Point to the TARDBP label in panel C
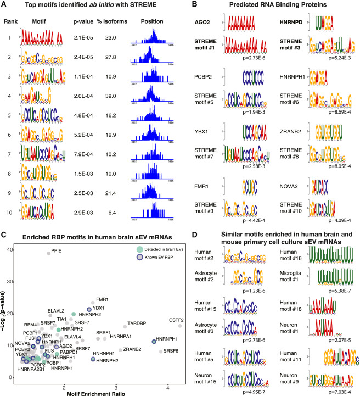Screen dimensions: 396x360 (x=137, y=324)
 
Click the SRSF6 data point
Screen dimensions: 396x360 (x=161, y=351)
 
